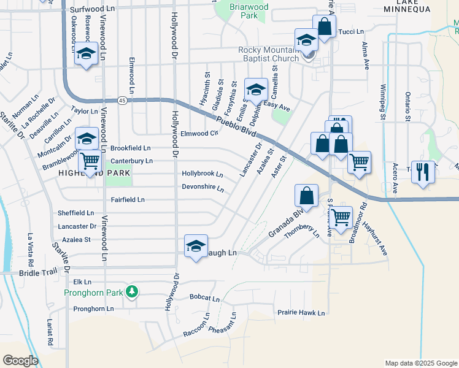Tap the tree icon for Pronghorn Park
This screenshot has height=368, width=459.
pyautogui.click(x=131, y=291)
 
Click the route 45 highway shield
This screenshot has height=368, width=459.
pyautogui.click(x=123, y=101)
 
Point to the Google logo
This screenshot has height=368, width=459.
pyautogui.click(x=20, y=361)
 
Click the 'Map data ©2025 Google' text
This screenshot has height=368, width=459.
pyautogui.click(x=420, y=363)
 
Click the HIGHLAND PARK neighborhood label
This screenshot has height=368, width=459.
pyautogui.click(x=94, y=174)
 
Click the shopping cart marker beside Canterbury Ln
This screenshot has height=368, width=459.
pyautogui.click(x=90, y=162)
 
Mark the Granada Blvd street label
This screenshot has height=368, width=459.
pyautogui.click(x=287, y=224)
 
